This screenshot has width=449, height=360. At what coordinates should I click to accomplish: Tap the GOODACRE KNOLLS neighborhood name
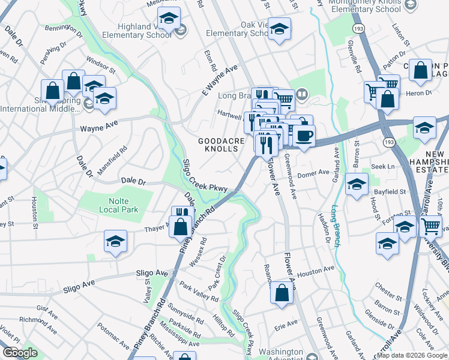222,145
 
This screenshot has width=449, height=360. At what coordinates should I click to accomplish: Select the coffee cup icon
303,135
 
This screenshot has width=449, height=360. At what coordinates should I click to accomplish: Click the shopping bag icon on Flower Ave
282,294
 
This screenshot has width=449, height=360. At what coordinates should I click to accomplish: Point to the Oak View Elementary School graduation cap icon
279,29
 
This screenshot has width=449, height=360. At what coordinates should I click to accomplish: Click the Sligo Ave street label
152,273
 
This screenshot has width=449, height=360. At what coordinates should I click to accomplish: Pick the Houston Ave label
315,272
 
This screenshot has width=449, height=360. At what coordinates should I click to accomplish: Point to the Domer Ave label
315,172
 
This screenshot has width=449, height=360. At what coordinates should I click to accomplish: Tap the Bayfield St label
391,192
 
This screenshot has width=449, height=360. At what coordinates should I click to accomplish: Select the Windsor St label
100,62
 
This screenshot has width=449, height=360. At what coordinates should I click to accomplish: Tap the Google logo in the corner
19,353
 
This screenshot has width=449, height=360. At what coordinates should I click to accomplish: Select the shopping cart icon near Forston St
431,226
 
